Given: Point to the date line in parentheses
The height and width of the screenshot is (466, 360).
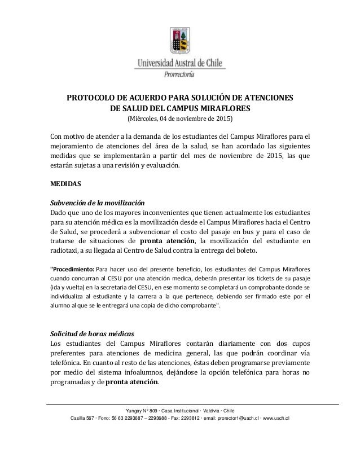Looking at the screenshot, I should click(179, 120).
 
